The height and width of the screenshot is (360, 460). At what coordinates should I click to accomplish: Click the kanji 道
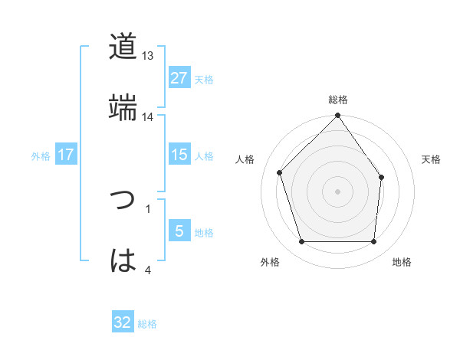pyautogui.click(x=123, y=47)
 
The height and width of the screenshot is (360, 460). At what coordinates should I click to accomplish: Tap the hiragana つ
pyautogui.click(x=123, y=201)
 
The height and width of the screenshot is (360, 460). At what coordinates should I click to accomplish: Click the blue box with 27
pyautogui.click(x=179, y=78)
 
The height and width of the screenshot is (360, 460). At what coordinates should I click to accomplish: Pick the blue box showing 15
pyautogui.click(x=179, y=155)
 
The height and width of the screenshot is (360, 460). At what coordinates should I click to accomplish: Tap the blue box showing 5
pyautogui.click(x=179, y=231)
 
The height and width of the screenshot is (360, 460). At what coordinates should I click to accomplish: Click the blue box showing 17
pyautogui.click(x=66, y=155)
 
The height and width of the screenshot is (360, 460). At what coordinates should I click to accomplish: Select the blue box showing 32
pyautogui.click(x=123, y=322)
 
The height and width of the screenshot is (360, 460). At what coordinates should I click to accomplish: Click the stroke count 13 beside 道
pyautogui.click(x=148, y=56)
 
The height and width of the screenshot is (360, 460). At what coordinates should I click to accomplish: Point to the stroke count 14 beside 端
pyautogui.click(x=148, y=116)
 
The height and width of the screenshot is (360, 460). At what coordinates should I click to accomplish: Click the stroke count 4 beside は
pyautogui.click(x=147, y=269)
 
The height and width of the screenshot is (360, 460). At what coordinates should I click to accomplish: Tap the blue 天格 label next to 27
pyautogui.click(x=204, y=80)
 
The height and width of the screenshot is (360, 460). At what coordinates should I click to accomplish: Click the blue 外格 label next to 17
pyautogui.click(x=41, y=156)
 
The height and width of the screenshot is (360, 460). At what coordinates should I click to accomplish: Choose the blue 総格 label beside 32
pyautogui.click(x=147, y=324)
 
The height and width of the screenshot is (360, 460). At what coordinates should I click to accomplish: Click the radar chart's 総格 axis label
pyautogui.click(x=338, y=100)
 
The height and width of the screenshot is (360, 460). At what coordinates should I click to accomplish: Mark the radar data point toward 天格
pyautogui.click(x=381, y=177)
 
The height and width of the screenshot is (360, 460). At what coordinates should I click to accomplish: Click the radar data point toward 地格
pyautogui.click(x=373, y=242)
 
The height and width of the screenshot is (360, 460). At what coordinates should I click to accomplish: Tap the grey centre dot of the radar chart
pyautogui.click(x=338, y=191)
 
